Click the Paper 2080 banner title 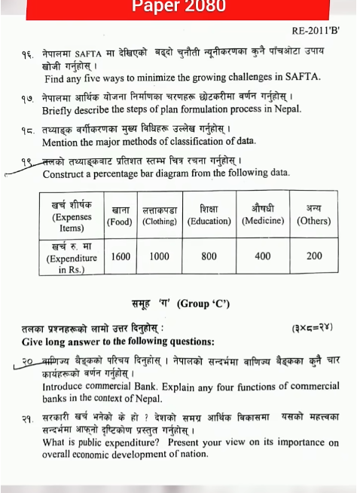(180, 8)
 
